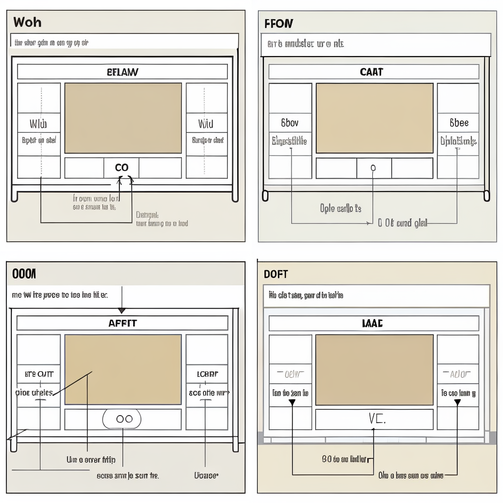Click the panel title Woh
27,22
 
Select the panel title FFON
279,23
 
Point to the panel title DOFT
276,274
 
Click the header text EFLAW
122,72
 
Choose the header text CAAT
371,72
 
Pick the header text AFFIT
122,323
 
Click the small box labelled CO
121,168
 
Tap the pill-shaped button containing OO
122,419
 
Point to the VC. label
377,419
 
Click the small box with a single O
373,168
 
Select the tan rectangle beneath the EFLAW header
123,118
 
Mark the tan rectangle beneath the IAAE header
374,370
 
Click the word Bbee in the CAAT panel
459,123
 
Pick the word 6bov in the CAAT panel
289,123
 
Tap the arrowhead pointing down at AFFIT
121,310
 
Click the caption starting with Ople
340,208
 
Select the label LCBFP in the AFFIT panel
207,374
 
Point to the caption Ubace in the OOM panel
206,475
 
